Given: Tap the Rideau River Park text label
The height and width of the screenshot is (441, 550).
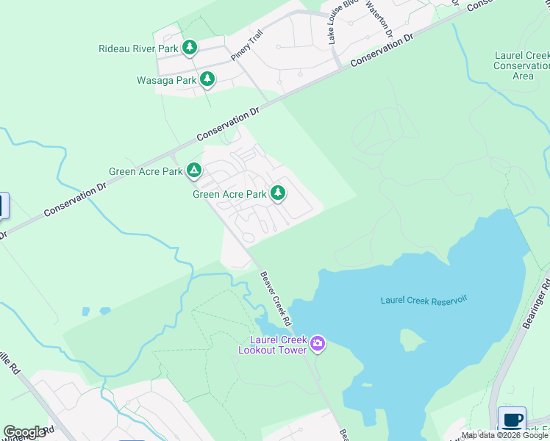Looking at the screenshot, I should pos(139,49).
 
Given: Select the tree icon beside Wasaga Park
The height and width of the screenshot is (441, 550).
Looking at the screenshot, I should pos(207,79).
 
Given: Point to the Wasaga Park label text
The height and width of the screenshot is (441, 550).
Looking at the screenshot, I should pos(166,80).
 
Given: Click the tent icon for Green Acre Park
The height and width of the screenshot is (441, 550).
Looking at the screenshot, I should pos(193,171).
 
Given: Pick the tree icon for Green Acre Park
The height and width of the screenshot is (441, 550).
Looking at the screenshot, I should pos(277,193).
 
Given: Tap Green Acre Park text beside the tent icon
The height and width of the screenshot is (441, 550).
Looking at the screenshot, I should pos(146,172).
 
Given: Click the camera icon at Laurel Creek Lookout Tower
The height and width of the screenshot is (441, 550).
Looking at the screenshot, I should pos(318,343).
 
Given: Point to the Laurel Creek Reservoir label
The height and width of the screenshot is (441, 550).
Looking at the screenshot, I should pos(424,300).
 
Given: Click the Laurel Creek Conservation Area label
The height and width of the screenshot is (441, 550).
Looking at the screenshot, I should pos(523,65).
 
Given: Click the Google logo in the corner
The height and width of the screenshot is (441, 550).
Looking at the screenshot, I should pos(24,432).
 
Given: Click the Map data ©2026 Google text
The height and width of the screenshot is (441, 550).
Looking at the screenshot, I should pos(505,436).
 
